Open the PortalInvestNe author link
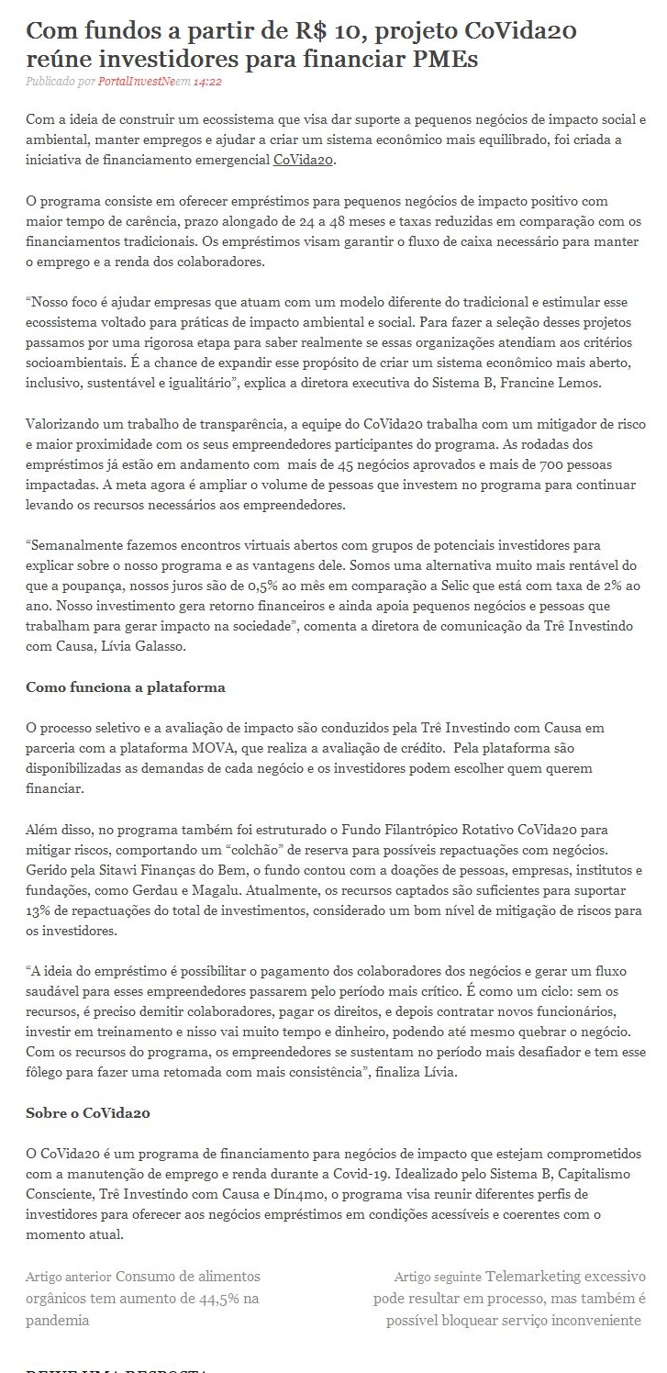[x=137, y=82]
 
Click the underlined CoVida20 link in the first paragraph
[x=305, y=160]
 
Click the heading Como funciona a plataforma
[x=126, y=686]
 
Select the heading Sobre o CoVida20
[x=88, y=1113]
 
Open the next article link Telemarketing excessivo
[x=565, y=1277]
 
